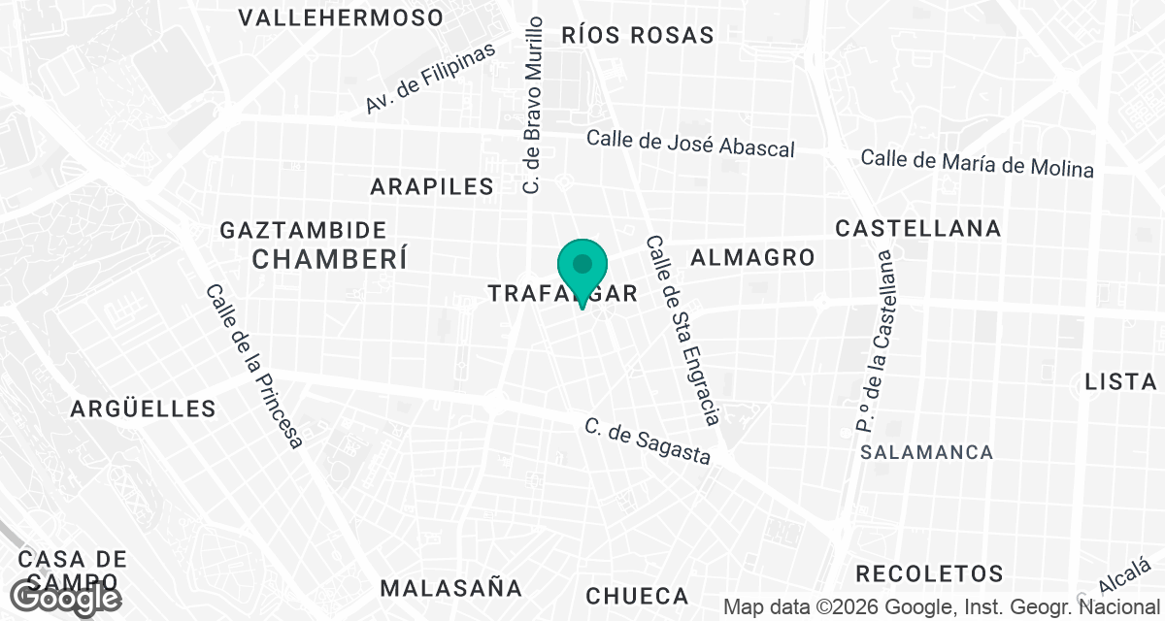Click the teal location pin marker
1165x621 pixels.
pos(582,267)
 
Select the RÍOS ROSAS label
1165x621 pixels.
pos(638,35)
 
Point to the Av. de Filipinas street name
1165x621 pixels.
pos(430,78)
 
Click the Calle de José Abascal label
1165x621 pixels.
pos(690,143)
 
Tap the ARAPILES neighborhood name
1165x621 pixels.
pos(432,186)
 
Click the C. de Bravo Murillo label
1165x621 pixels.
pos(532,105)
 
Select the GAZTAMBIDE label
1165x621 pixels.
pos(304,230)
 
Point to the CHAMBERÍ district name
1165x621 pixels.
pos(328,259)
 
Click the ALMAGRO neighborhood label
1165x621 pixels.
pos(751,257)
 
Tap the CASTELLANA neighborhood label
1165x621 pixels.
pos(918,228)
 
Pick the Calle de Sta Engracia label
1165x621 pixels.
pos(682,330)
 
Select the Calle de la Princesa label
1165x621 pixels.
pos(253,366)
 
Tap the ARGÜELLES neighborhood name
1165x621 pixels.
pos(143,409)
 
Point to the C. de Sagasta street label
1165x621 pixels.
pos(647,441)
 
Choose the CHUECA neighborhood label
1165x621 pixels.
pos(637,596)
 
